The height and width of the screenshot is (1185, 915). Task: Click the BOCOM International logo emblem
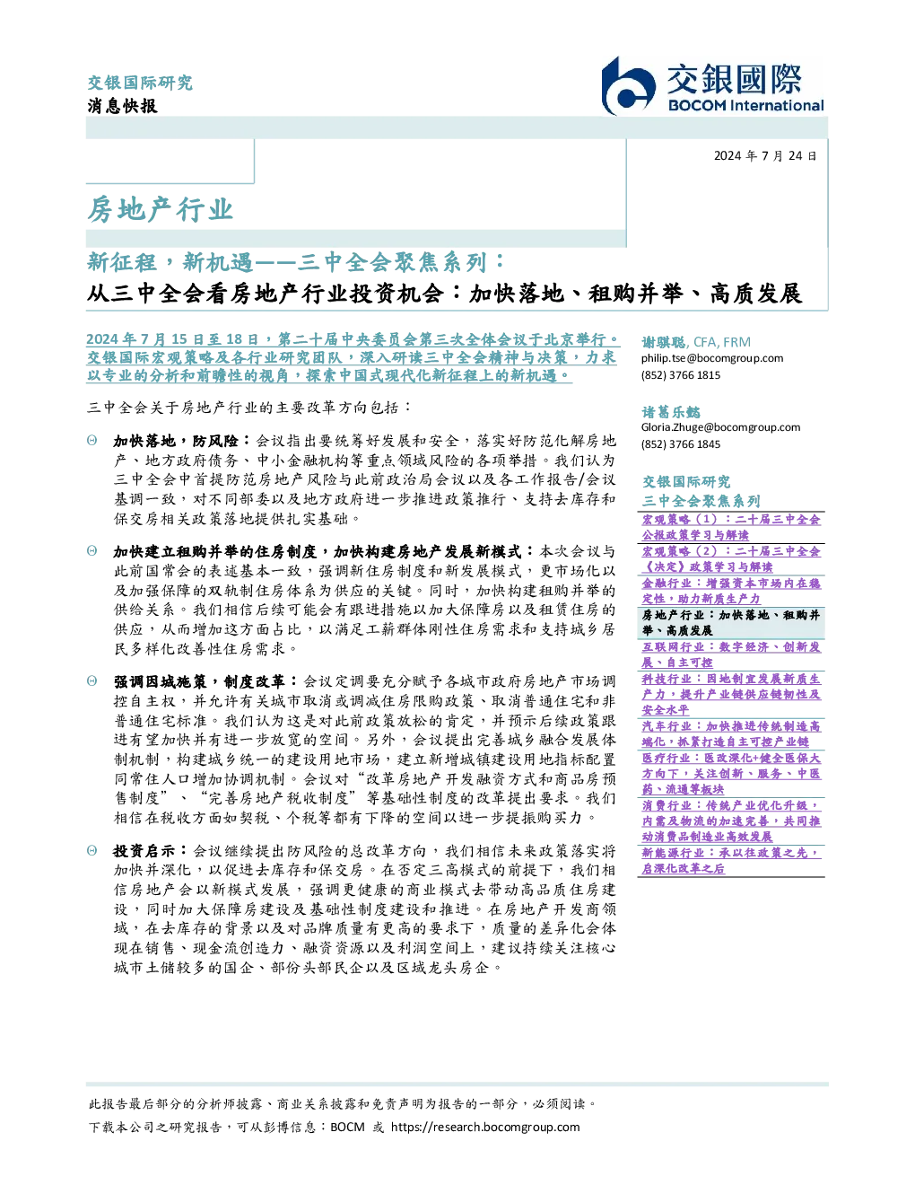tap(628, 86)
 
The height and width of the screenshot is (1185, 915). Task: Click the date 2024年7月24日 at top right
tap(765, 156)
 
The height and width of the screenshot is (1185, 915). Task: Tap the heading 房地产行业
tap(161, 209)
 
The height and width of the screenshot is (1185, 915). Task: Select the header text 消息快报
tap(122, 105)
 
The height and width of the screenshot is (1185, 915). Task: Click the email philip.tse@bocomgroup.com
tap(711, 358)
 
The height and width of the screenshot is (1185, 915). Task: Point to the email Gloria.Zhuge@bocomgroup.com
tap(720, 427)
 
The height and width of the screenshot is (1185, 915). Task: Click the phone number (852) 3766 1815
tap(681, 375)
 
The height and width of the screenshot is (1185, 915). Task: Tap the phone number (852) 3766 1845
tap(681, 444)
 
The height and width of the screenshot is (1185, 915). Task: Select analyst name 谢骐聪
tap(664, 342)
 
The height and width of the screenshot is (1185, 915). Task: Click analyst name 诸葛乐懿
tap(671, 412)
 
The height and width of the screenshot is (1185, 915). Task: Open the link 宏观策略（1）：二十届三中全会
tap(731, 519)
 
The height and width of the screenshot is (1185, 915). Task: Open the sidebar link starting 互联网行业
tap(731, 654)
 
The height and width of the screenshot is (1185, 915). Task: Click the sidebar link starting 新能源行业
tap(730, 861)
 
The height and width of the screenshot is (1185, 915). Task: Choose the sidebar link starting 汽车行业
tap(731, 734)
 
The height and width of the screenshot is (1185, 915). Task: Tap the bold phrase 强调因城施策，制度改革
tap(199, 681)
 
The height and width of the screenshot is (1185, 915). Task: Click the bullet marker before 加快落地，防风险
tap(92, 440)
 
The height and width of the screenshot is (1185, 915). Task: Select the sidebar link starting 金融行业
tap(731, 591)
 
